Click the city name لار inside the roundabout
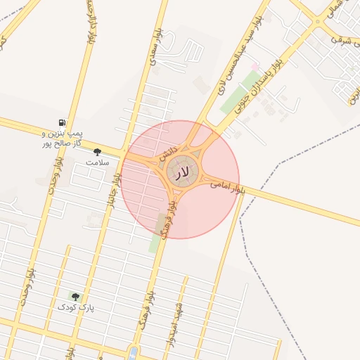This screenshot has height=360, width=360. tap(182, 173)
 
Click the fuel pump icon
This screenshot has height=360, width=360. tap(64, 122)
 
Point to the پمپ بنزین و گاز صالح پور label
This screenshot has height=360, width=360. tap(62, 138)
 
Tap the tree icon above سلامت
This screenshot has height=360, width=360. tap(97, 151)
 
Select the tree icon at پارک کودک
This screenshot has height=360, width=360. tap(75, 297)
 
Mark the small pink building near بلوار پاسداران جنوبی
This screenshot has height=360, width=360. tap(255, 67)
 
